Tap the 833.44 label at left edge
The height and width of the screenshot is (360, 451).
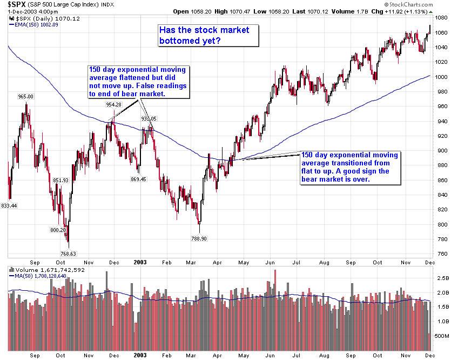pyautogui.click(x=9, y=205)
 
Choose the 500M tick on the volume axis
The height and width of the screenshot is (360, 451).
pyautogui.click(x=442, y=336)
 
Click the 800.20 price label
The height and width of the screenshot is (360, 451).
pyautogui.click(x=58, y=230)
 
